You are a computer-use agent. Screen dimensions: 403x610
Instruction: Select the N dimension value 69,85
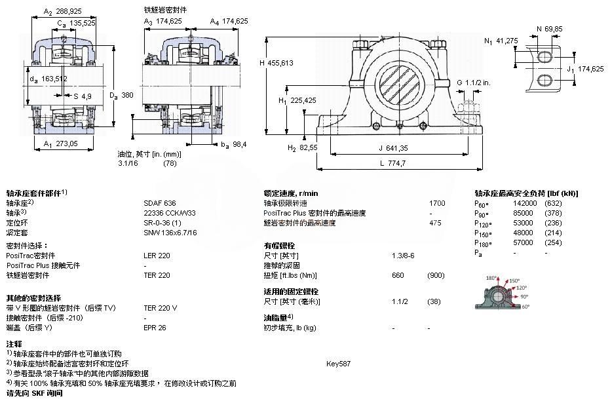554,28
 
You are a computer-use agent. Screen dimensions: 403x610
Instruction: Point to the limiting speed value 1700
436,203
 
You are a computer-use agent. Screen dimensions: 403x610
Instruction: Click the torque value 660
398,275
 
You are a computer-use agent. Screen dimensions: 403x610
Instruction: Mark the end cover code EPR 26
155,328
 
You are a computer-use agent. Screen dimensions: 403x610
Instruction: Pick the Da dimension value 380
127,95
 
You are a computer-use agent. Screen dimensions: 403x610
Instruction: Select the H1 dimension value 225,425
303,100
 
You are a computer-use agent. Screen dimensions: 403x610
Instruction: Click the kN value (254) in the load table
554,242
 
